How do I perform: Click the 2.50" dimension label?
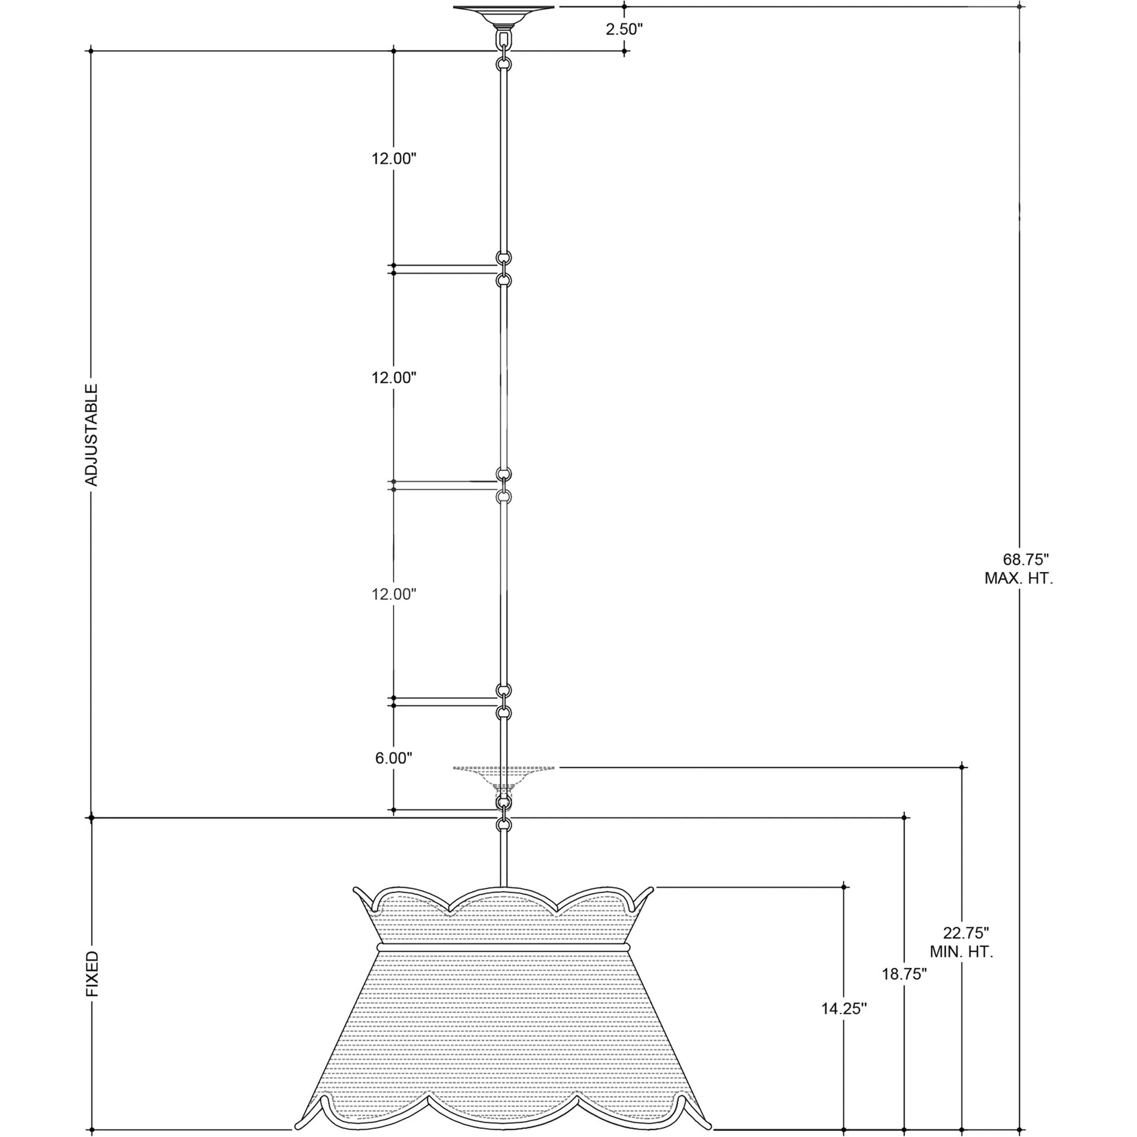coord(625,29)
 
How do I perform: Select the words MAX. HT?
coord(1019,578)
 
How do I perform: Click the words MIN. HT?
coord(961,969)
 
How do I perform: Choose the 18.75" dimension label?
coord(904,974)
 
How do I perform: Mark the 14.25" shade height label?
coord(844,1008)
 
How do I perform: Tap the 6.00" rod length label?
coord(394,758)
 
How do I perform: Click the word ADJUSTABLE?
coord(92,435)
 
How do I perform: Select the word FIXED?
coord(92,975)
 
